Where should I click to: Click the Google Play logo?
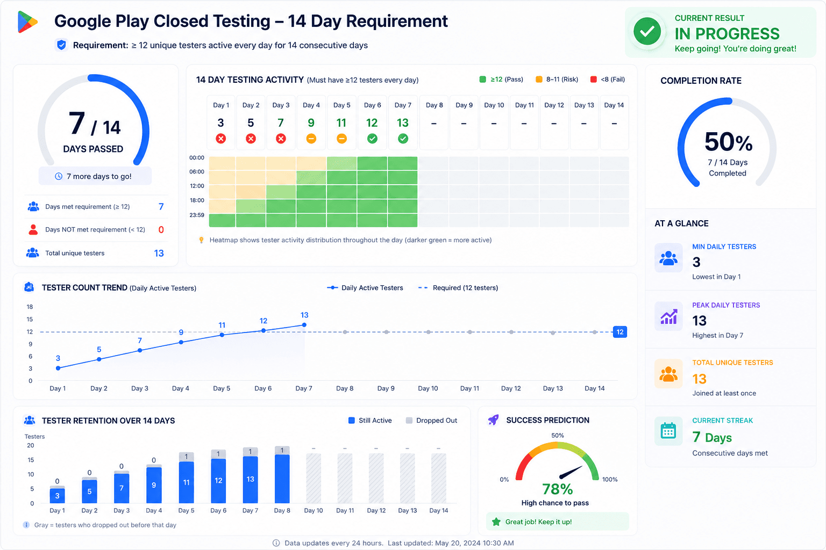tap(27, 22)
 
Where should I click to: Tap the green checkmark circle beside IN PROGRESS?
tap(647, 32)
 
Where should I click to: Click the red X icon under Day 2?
tap(251, 139)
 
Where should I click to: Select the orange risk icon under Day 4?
tap(311, 139)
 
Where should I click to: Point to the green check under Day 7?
tap(403, 139)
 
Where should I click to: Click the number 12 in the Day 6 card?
tap(372, 122)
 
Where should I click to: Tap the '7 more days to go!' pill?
tap(95, 176)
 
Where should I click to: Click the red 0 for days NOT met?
tap(161, 230)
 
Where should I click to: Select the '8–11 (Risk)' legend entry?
tap(557, 79)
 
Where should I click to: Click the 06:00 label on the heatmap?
tap(196, 172)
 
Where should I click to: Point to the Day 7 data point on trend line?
tap(304, 325)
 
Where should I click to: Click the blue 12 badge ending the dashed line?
tap(620, 332)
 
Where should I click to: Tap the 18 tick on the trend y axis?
tap(30, 307)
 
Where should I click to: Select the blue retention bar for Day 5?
tap(186, 482)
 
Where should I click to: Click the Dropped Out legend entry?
tap(431, 421)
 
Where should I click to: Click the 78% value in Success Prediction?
tap(557, 489)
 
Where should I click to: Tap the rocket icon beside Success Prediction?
tap(493, 419)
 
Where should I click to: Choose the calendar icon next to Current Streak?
tap(668, 431)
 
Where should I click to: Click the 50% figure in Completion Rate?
tap(728, 142)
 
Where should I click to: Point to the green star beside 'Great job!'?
tap(496, 522)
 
